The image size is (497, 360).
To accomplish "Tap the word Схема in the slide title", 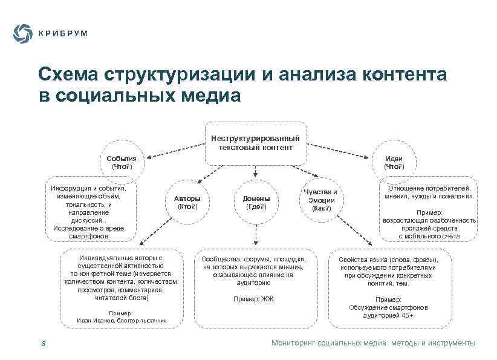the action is (x=68, y=75).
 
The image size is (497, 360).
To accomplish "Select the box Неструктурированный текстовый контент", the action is (x=255, y=143).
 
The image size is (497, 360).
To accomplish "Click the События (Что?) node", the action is (x=121, y=162).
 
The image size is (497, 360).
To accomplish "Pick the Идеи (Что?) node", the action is (x=394, y=162).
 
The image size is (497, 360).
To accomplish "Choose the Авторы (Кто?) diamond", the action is (x=187, y=202).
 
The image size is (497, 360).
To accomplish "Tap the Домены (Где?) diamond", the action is (x=256, y=202).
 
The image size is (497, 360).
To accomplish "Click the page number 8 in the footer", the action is (x=43, y=344).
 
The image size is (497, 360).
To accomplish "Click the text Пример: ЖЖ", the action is (x=253, y=299).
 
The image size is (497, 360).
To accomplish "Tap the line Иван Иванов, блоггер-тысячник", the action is (x=121, y=320).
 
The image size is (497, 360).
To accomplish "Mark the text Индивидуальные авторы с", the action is (x=121, y=258).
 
